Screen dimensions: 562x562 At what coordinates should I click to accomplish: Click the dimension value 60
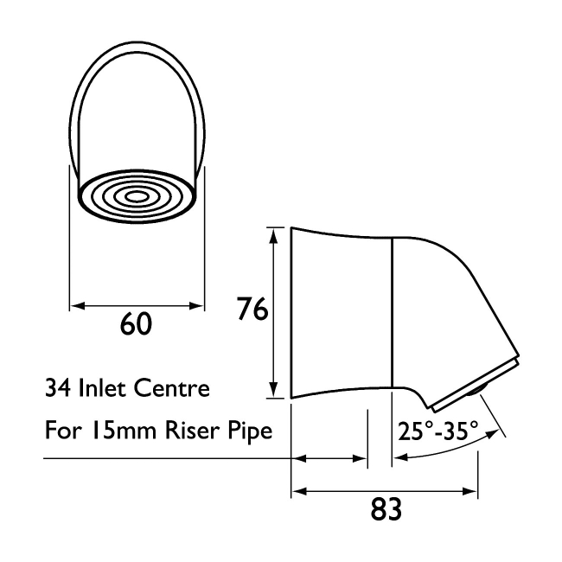(x=137, y=324)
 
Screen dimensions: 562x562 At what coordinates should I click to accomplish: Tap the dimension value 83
(x=386, y=510)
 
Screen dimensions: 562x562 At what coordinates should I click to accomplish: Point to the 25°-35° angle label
(x=438, y=430)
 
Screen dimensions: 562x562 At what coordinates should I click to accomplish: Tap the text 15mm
(x=113, y=430)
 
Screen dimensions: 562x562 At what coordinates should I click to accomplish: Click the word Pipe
(x=250, y=431)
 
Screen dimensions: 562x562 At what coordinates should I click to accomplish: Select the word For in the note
(x=61, y=430)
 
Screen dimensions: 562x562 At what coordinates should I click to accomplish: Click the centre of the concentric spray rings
(x=137, y=196)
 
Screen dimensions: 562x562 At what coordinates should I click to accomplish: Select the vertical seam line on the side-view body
(x=393, y=311)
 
